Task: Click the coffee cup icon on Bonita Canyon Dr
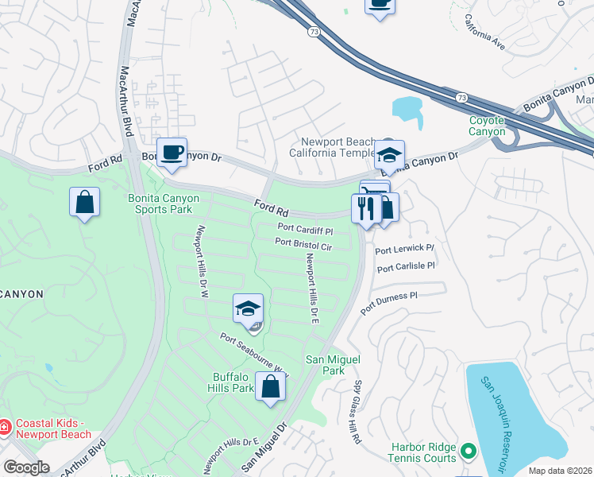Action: (x=171, y=153)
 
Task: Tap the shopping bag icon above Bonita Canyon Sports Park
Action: (x=84, y=203)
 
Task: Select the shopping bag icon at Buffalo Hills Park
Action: (x=271, y=387)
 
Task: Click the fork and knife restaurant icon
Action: (x=365, y=209)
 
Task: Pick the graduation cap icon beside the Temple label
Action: (x=389, y=154)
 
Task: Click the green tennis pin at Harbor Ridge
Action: (x=469, y=452)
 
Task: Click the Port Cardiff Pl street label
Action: (x=305, y=231)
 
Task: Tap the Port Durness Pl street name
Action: (x=388, y=302)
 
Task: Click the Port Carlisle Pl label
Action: (x=406, y=267)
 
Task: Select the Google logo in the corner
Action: (x=25, y=467)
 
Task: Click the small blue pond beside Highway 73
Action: (x=407, y=109)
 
